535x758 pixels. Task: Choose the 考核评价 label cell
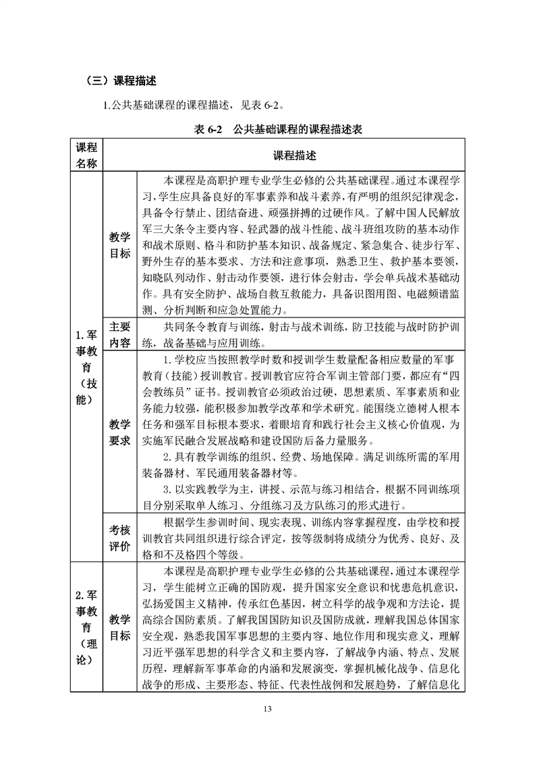[120, 538]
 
